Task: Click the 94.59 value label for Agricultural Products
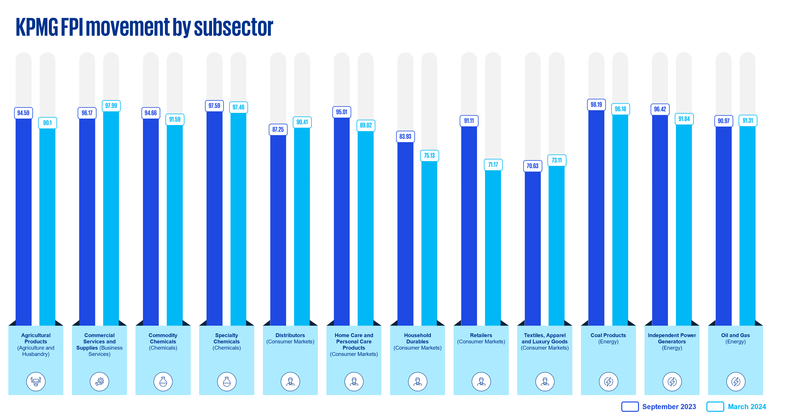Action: [23, 113]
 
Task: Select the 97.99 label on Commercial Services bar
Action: [111, 106]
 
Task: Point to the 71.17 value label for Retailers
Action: [493, 165]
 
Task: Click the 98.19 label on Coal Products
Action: [596, 105]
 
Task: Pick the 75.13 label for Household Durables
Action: [429, 156]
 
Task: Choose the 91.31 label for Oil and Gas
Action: [748, 120]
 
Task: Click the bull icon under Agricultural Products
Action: [36, 381]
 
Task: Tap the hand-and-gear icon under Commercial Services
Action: [100, 381]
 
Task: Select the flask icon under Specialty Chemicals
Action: [227, 381]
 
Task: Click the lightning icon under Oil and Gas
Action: [736, 381]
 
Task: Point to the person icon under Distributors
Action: [290, 381]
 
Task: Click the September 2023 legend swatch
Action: [630, 406]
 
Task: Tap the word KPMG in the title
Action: [37, 28]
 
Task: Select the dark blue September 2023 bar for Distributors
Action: [278, 229]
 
